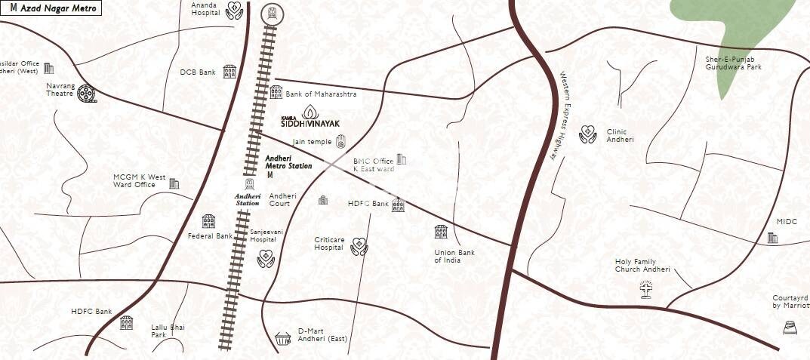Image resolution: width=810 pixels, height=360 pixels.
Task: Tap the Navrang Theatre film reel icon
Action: [x=87, y=94]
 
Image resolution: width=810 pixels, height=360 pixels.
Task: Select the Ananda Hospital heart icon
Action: [x=234, y=10]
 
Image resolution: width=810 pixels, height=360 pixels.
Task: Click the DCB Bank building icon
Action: [x=229, y=72]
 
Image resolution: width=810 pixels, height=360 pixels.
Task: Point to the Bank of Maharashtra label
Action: [x=321, y=94]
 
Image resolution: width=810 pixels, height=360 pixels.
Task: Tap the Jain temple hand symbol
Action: [x=340, y=141]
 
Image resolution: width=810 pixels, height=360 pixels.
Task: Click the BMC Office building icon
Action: [x=402, y=159]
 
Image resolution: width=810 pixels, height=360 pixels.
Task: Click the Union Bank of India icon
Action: [x=441, y=232]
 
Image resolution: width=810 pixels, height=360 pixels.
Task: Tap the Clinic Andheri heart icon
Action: [x=588, y=135]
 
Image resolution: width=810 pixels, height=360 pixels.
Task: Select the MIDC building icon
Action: [x=773, y=238]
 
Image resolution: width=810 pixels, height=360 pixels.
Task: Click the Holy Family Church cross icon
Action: [x=645, y=290]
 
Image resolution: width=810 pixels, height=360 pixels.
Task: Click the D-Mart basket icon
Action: [x=283, y=339]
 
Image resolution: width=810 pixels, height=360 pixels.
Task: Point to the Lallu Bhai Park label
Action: [x=168, y=331]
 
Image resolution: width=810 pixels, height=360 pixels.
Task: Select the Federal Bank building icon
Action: [x=208, y=221]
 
